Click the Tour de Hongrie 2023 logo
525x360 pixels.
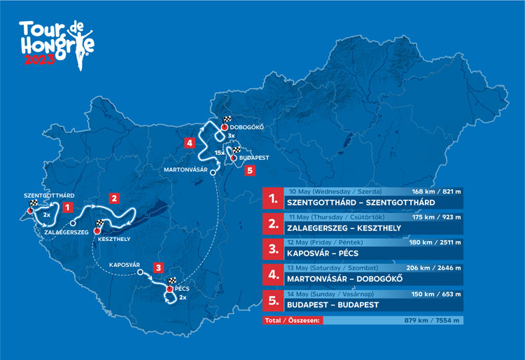pyautogui.click(x=57, y=41)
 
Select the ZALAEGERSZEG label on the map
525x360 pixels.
pyautogui.click(x=66, y=231)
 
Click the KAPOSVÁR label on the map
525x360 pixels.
pyautogui.click(x=126, y=265)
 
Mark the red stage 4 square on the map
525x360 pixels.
pyautogui.click(x=190, y=143)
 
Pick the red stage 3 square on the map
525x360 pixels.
pyautogui.click(x=160, y=267)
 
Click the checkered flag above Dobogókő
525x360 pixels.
pyautogui.click(x=226, y=120)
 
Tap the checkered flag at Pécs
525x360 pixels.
pyautogui.click(x=171, y=281)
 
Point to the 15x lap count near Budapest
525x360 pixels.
pyautogui.click(x=219, y=152)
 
